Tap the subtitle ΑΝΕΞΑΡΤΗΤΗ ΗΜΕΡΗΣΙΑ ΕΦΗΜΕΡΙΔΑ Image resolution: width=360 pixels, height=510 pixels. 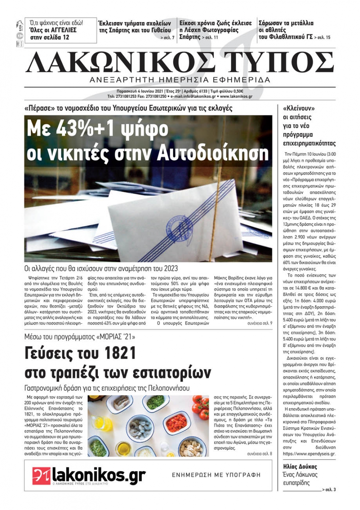(180, 80)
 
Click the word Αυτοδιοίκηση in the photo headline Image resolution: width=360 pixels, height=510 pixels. (213, 153)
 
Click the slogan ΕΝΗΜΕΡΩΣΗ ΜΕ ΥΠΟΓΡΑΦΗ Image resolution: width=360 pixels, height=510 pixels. (216, 475)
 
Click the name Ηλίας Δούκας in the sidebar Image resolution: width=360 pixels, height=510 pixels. (300, 467)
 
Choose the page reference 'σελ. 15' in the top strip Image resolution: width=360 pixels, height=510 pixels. (324, 37)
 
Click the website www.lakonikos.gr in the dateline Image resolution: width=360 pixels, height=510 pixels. (236, 97)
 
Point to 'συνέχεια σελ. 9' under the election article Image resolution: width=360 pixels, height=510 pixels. (260, 323)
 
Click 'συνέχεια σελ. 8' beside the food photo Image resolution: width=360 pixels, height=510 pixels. (260, 454)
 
